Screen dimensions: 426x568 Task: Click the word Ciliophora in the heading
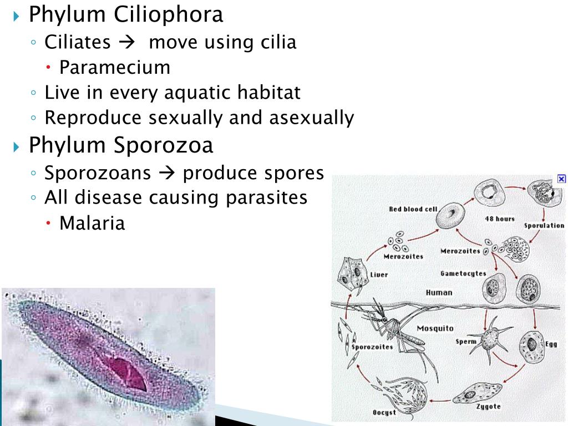169,15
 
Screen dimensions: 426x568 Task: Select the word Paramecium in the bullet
115,68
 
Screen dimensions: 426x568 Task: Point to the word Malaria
92,224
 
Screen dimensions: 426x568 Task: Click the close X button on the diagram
561,179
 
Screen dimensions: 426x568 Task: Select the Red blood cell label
413,209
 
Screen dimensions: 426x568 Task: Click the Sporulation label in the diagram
544,226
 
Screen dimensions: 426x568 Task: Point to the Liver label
379,275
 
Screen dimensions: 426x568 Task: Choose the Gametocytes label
463,273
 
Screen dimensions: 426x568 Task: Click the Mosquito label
435,328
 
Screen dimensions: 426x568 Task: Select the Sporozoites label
372,347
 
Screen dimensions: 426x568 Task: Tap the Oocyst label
384,412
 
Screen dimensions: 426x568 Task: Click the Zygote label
488,407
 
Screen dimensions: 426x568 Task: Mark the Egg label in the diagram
550,344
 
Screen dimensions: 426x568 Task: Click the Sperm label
466,342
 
